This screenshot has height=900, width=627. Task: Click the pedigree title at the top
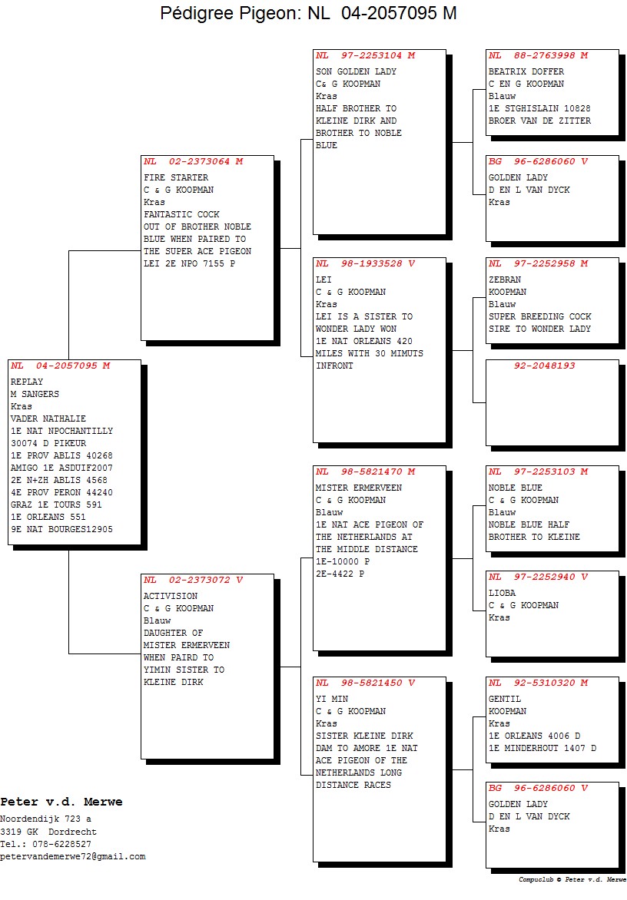[x=308, y=12]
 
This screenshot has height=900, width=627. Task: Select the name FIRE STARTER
[x=176, y=177]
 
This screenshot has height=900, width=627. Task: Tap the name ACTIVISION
[x=171, y=596]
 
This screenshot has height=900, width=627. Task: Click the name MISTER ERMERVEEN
[x=359, y=488]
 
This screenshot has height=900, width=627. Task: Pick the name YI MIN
[x=332, y=699]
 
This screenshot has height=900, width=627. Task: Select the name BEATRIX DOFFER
[x=526, y=71]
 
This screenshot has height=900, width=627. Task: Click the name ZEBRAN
[x=505, y=280]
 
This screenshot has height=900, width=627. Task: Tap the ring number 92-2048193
[x=544, y=366]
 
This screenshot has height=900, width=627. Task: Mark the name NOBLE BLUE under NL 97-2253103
[x=516, y=488]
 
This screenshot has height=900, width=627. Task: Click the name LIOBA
[x=502, y=592]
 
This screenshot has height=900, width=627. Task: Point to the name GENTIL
[x=505, y=699]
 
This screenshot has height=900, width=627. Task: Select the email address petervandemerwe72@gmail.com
[x=73, y=856]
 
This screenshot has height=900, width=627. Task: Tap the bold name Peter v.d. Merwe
[x=61, y=802]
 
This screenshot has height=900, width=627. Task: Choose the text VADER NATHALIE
[x=48, y=419]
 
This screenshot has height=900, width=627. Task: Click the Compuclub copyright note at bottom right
[x=572, y=879]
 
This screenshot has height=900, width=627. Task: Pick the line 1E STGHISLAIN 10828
[x=539, y=108]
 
